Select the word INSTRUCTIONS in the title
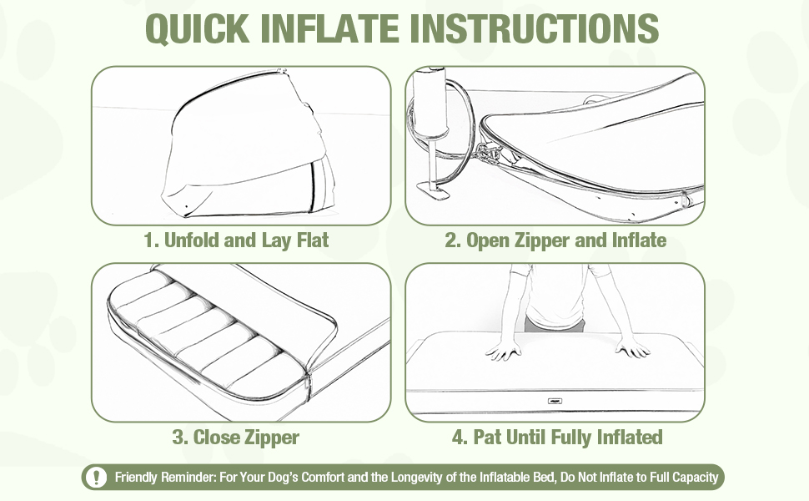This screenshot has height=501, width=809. click(534, 28)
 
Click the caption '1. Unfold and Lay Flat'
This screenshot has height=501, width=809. click(236, 240)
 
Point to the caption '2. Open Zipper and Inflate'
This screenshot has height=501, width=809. click(555, 240)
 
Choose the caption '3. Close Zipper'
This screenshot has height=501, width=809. click(236, 438)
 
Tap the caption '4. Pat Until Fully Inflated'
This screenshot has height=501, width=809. click(557, 438)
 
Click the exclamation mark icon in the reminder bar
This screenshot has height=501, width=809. click(96, 477)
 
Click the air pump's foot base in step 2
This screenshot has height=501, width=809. click(434, 190)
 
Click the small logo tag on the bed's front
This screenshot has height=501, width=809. click(555, 401)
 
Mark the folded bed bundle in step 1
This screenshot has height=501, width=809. click(249, 144)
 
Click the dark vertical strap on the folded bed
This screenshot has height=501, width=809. click(312, 186)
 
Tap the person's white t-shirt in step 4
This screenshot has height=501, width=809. click(556, 295)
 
